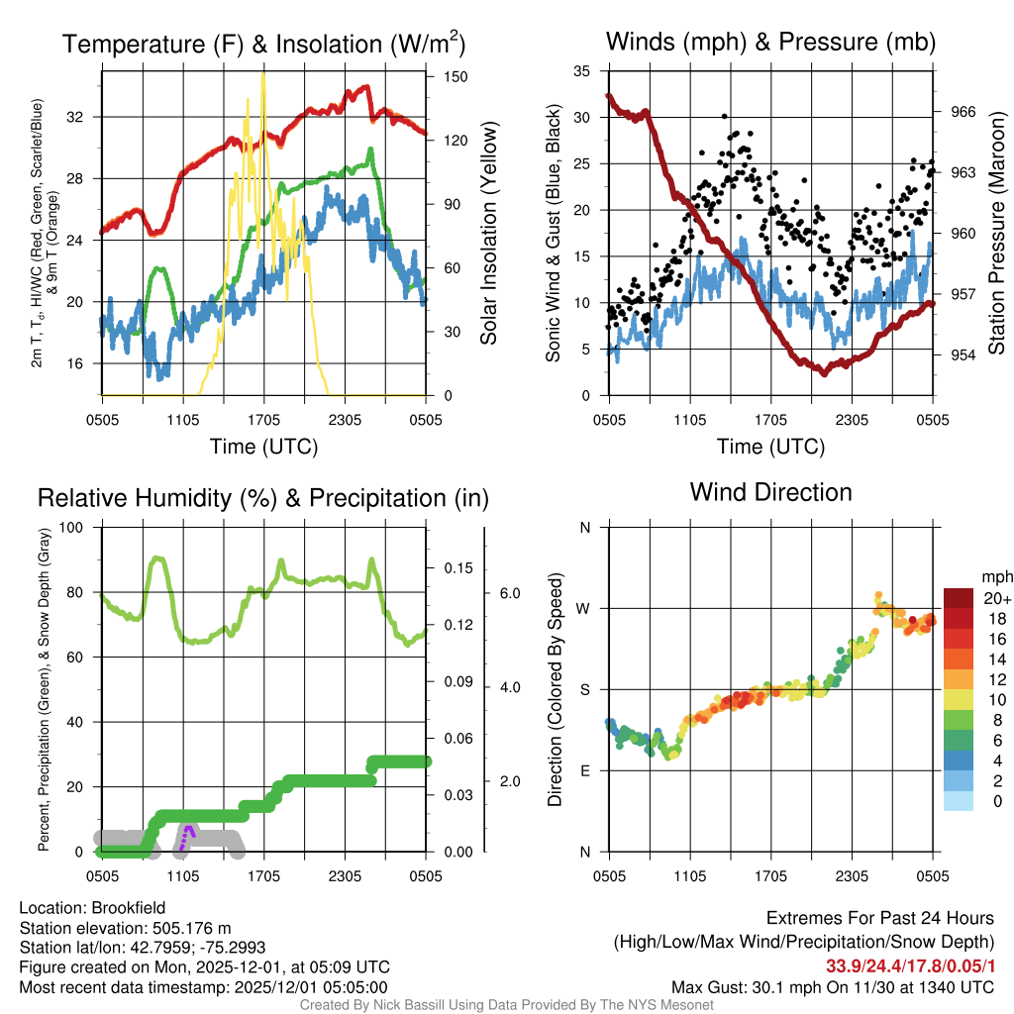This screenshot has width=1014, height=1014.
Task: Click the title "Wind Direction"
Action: [770, 492]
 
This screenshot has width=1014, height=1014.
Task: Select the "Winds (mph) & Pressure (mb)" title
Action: [770, 42]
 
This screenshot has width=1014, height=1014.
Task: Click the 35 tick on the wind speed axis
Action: [582, 71]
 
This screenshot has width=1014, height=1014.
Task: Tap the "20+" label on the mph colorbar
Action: [996, 598]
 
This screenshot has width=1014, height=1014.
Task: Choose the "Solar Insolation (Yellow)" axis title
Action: [488, 234]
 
